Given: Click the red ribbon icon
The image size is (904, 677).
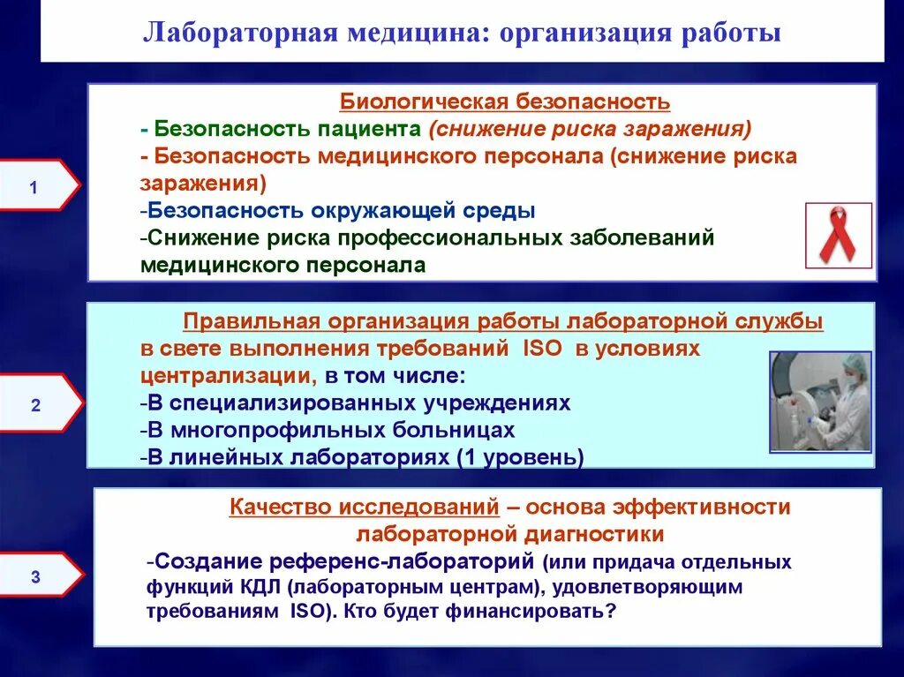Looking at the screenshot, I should tap(838, 236).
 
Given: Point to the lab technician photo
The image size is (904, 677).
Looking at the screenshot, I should tap(820, 402).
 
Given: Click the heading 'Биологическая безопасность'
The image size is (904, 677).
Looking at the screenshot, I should tap(506, 102).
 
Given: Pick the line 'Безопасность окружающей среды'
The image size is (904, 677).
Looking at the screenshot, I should tap(338, 211).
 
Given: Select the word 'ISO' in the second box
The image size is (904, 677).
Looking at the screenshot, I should tap(540, 349).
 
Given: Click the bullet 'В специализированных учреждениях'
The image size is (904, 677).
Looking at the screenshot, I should tap(355, 403).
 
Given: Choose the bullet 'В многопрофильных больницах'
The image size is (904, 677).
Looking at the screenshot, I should tap(328, 430).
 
